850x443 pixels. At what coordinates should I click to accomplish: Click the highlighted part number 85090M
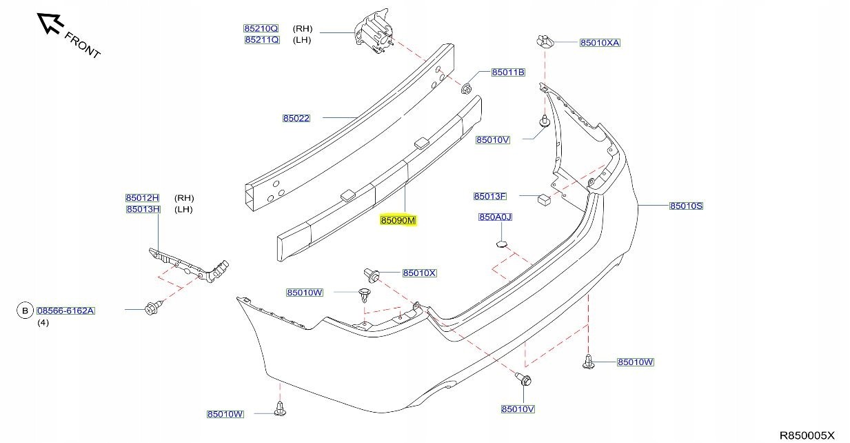click(x=398, y=221)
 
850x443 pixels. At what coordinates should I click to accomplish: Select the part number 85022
click(x=296, y=118)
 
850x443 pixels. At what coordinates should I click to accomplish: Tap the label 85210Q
click(x=261, y=29)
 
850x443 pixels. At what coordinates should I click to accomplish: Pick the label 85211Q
click(x=261, y=40)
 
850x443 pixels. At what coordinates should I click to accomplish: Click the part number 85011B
click(x=508, y=72)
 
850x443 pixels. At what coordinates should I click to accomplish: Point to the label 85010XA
click(x=600, y=43)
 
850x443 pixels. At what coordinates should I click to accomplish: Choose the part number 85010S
click(x=686, y=206)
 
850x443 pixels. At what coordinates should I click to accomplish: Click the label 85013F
click(x=490, y=196)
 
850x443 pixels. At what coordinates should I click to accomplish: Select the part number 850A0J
click(x=496, y=217)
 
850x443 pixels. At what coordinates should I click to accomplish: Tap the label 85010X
click(x=420, y=273)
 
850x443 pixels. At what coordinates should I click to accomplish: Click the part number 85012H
click(x=143, y=198)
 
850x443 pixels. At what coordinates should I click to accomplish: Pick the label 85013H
click(x=143, y=209)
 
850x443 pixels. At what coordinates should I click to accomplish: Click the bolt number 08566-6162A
click(x=65, y=311)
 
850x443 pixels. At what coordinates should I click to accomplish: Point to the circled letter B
click(x=25, y=311)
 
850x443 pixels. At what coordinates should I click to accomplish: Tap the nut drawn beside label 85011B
click(x=467, y=88)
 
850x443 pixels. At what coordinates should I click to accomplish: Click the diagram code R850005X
click(x=807, y=435)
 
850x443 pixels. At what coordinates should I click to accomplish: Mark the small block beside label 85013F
click(x=543, y=199)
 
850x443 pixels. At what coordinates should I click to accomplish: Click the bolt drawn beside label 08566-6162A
click(x=152, y=308)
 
